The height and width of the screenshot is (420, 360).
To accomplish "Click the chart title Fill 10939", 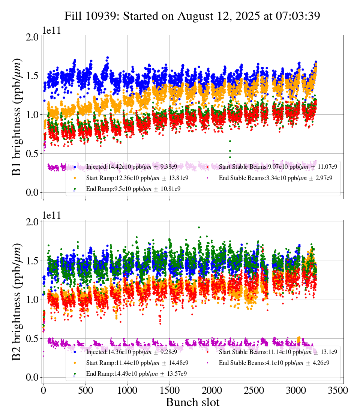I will [192, 16].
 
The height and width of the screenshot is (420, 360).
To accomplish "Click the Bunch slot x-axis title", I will [192, 402].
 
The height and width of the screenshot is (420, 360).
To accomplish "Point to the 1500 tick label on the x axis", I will [169, 390].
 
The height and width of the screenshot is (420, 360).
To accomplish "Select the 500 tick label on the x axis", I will [85, 390].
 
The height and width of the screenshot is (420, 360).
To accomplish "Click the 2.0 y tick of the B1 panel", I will [33, 37].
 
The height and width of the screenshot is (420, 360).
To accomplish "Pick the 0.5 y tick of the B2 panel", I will [33, 339].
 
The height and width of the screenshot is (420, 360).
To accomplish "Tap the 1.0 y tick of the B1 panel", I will [33, 115].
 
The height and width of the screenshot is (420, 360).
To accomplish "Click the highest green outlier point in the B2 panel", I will [199, 227].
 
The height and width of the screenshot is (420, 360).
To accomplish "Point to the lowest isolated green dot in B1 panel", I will [230, 157].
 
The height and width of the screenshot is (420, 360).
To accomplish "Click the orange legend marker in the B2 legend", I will [75, 363].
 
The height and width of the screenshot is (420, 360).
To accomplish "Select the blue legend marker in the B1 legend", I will [75, 167].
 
